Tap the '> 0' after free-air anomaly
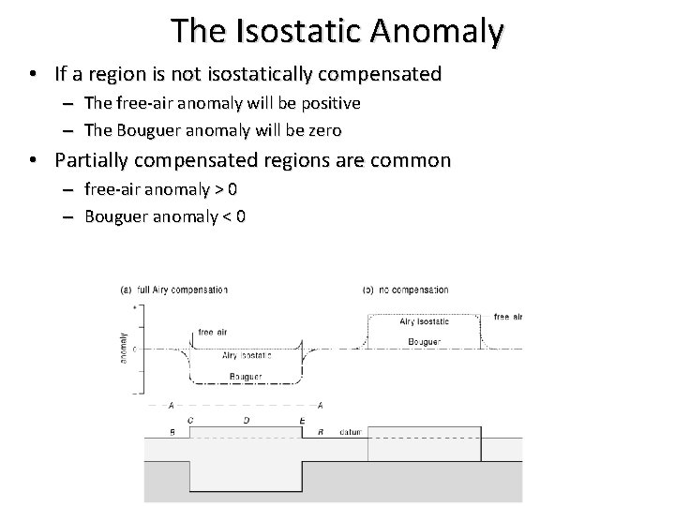[226, 188]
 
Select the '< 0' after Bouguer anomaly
[234, 217]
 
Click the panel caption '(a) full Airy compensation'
[173, 290]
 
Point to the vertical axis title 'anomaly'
[124, 348]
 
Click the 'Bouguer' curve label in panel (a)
[246, 377]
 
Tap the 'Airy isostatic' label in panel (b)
[424, 321]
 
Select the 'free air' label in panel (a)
[212, 332]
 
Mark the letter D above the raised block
[246, 421]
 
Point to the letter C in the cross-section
[190, 421]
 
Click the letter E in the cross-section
[301, 421]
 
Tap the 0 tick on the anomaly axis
[136, 349]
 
